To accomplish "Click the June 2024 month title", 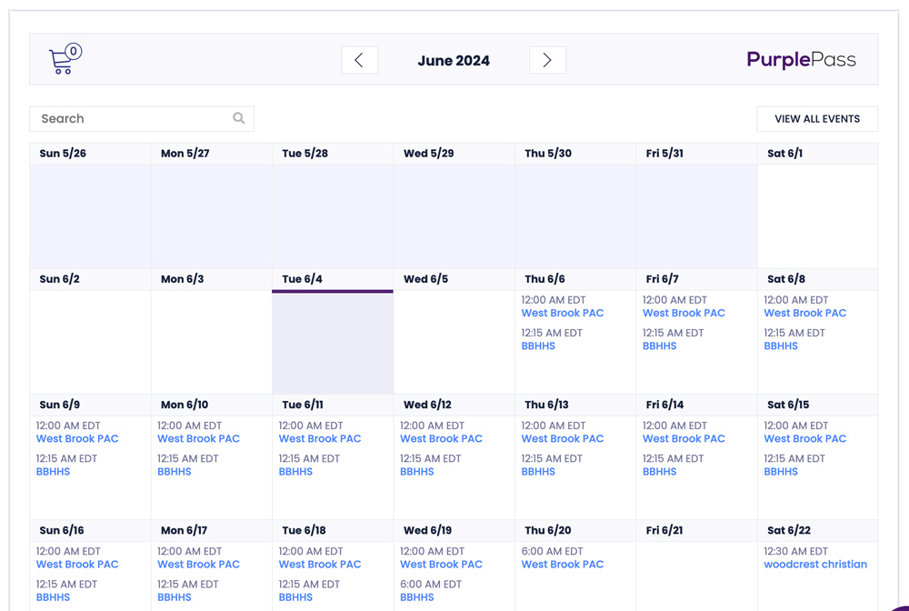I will coord(454,61).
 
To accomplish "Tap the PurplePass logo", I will coord(801,60).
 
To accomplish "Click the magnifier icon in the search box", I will coord(239,118).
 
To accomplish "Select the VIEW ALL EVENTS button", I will coord(816,119).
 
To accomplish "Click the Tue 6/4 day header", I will coord(302,279).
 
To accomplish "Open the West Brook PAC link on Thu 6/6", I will coord(562,313).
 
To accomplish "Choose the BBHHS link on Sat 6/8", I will coord(781,346).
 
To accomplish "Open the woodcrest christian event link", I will coord(815,564).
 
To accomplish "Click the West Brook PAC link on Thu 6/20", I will coord(562,564).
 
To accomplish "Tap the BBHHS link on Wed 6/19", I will coord(417,597).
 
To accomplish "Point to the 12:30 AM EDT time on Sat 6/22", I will coord(796,551).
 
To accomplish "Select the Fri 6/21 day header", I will coord(664,530).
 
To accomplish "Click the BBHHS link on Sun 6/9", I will coord(53,472).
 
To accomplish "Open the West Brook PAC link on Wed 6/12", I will coord(441,438).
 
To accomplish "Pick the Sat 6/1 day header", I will coord(784,154).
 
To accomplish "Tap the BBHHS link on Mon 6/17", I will coord(175,597).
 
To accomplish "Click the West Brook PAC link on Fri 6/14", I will coord(684,438).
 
